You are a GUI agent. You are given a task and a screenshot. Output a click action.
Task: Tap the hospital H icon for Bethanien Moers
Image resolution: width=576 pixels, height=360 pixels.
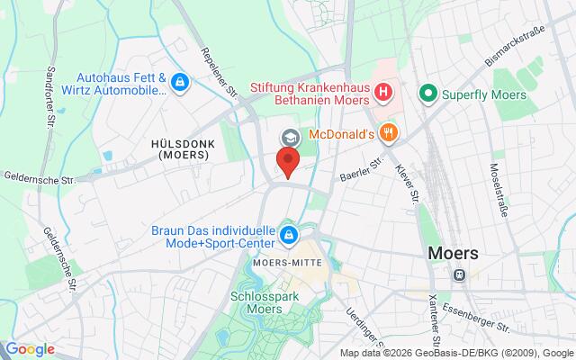point(383,91)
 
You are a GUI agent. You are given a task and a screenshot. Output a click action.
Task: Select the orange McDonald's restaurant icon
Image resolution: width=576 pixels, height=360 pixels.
point(389,134)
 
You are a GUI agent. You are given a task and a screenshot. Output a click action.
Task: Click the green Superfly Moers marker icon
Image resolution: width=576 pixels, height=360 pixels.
point(428,92)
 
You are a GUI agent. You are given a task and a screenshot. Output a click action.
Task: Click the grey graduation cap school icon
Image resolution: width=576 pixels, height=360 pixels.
point(290,138)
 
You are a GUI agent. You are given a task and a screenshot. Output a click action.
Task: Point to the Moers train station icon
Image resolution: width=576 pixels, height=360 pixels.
point(460,275)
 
